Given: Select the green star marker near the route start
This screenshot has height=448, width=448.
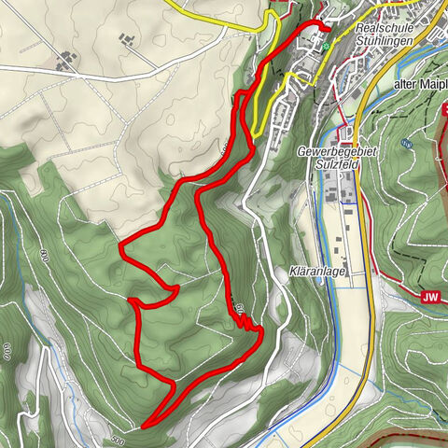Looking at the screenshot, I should point(328,43).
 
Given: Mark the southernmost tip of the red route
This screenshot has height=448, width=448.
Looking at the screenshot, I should point(145,427).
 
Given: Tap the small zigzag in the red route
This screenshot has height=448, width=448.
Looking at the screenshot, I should point(245,322).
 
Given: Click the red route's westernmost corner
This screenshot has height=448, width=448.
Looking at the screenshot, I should point(120,245).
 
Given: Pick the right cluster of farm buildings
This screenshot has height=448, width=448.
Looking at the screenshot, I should point(125,39).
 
